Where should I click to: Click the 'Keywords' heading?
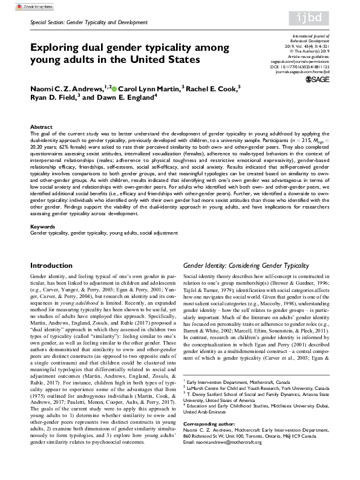coord(42,227)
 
